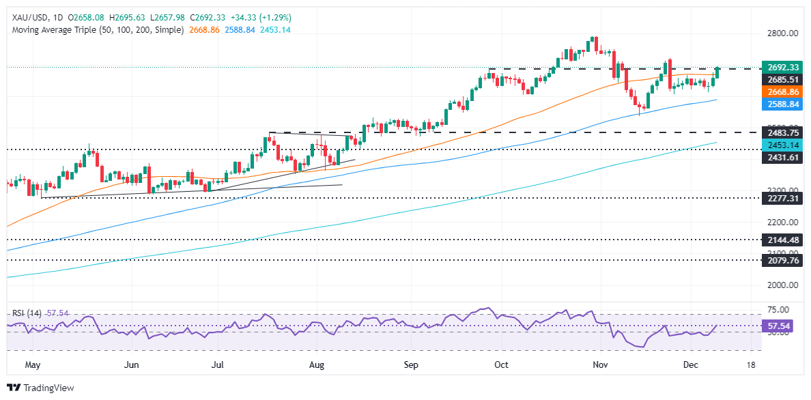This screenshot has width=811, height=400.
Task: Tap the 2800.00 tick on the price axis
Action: pyautogui.click(x=781, y=33)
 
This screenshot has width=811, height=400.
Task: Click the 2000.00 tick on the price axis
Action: pyautogui.click(x=781, y=285)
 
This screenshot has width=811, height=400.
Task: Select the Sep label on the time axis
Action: pyautogui.click(x=410, y=365)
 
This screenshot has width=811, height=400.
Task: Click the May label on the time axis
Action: pyautogui.click(x=33, y=365)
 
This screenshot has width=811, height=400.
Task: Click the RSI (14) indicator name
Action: pyautogui.click(x=27, y=313)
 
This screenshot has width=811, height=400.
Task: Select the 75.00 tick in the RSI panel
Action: pyautogui.click(x=778, y=309)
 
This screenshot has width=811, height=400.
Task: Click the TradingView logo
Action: pyautogui.click(x=41, y=388)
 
